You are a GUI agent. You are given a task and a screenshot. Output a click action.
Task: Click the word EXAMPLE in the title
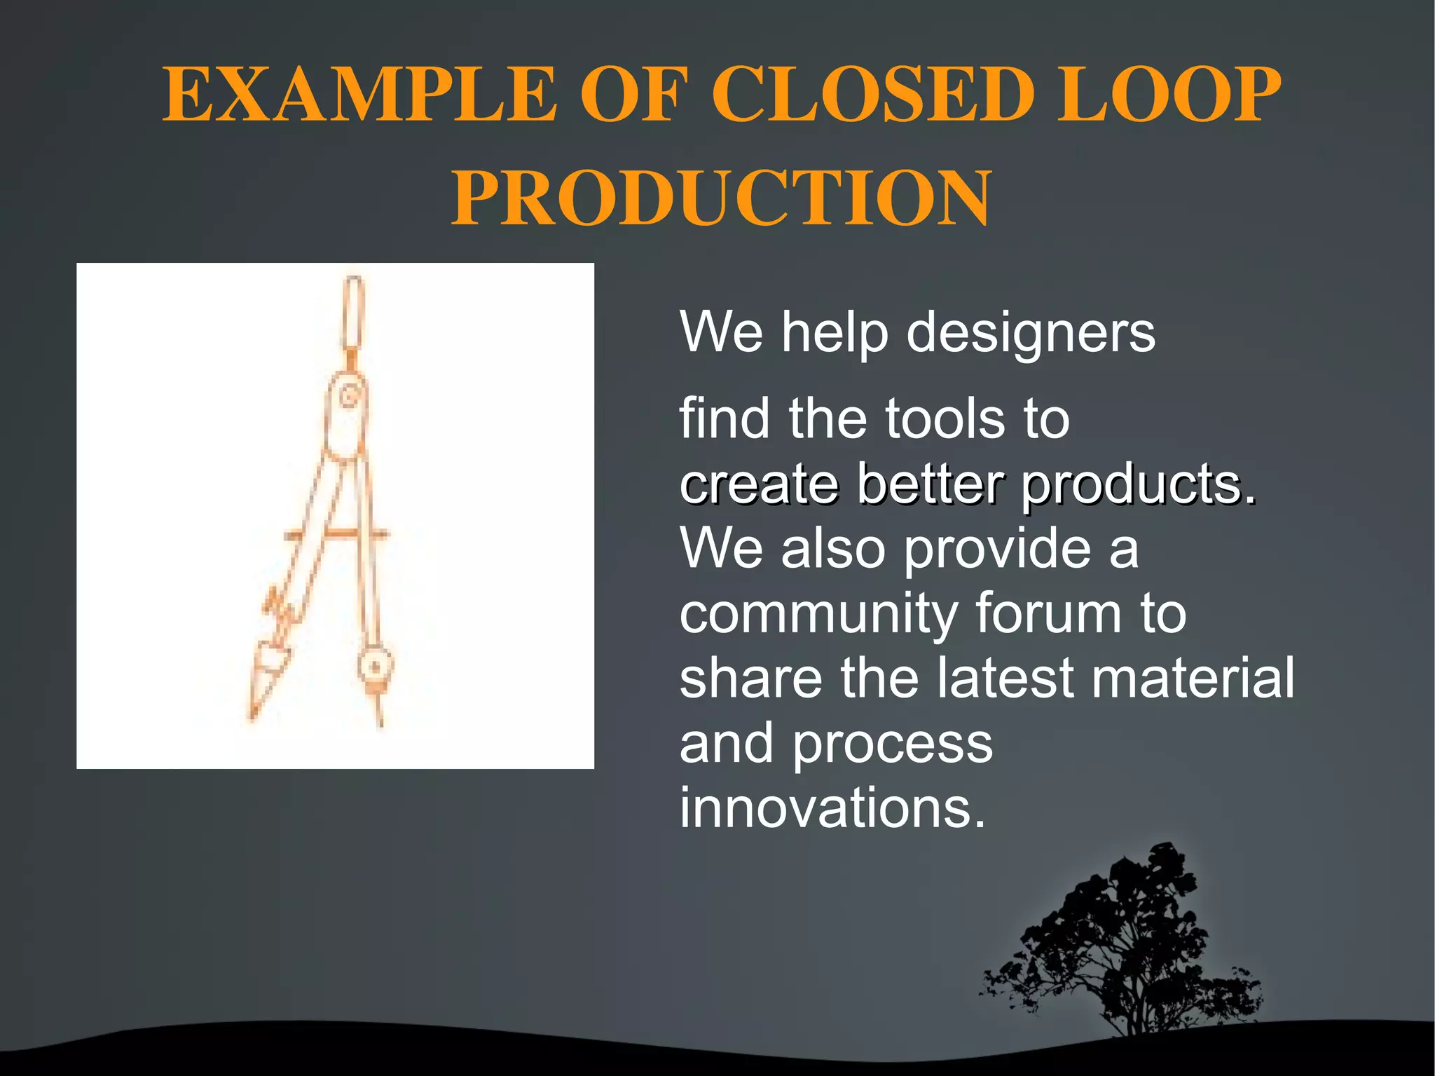click(x=359, y=95)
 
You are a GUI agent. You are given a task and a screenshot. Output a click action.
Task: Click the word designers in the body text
click(x=1031, y=333)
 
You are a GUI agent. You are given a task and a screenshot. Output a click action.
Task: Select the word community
click(x=818, y=614)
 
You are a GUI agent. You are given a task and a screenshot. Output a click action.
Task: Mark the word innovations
click(x=832, y=808)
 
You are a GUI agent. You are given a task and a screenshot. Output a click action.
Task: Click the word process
click(x=893, y=744)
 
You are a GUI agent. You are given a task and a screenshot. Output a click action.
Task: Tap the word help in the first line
click(x=835, y=333)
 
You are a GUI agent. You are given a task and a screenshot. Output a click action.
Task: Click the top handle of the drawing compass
click(x=353, y=313)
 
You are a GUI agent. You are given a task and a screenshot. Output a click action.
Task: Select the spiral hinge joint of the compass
click(x=348, y=398)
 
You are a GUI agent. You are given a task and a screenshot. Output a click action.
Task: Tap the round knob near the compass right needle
click(x=374, y=666)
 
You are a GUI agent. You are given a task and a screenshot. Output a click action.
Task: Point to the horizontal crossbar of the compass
click(x=336, y=535)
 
